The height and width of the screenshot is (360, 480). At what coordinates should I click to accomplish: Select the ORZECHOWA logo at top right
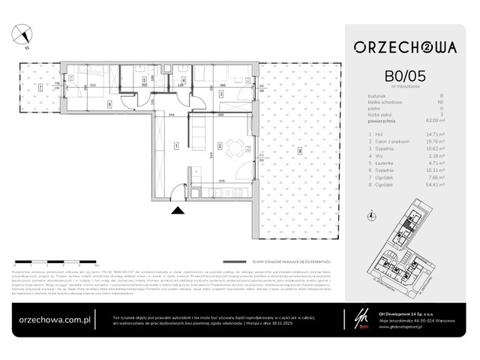click(x=406, y=46)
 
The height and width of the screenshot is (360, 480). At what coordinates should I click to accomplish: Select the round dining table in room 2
click(x=233, y=145)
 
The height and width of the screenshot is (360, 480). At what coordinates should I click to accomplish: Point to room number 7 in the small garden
click(x=39, y=88)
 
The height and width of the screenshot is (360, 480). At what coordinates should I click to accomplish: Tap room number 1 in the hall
click(x=175, y=145)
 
